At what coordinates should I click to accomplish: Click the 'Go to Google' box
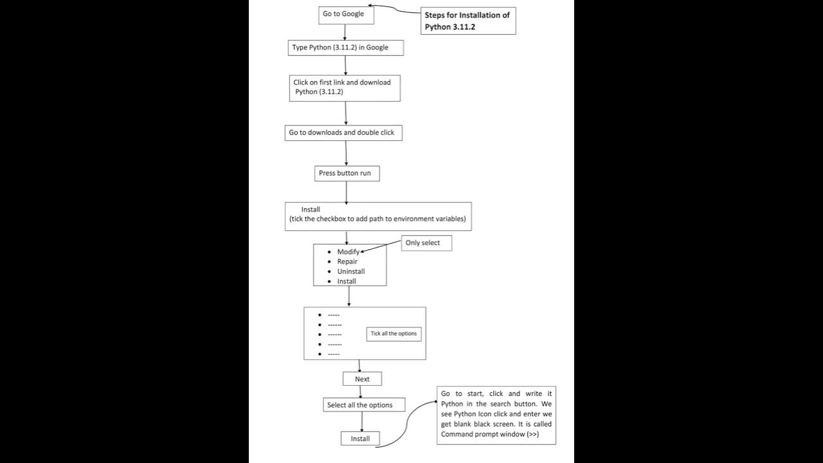346,15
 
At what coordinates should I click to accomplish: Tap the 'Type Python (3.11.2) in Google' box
346,48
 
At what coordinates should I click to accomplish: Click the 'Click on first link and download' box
345,87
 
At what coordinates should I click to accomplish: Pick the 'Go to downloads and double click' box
345,132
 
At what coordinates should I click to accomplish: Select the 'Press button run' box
347,174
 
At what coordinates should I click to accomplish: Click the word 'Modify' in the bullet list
348,252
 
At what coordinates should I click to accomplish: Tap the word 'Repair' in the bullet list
347,262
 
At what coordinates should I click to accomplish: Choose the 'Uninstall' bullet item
350,271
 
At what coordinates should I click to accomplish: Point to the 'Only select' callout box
426,243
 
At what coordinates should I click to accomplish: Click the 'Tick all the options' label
393,334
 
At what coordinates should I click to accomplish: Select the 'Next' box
362,379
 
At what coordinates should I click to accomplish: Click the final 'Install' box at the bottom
360,439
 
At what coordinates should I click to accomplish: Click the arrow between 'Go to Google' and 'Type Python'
346,33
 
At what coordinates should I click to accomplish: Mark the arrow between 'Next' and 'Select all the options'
362,392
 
